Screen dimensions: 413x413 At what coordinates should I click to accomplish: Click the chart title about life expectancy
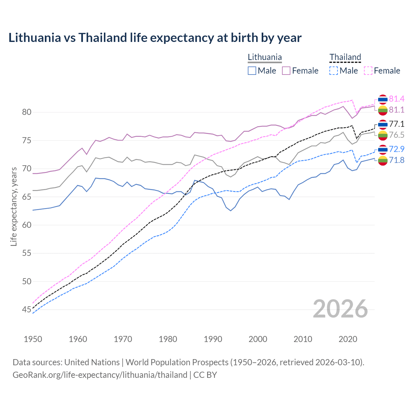pyautogui.click(x=155, y=38)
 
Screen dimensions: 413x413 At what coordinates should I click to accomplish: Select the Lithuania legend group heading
pyautogui.click(x=265, y=57)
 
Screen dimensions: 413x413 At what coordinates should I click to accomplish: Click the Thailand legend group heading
pyautogui.click(x=345, y=57)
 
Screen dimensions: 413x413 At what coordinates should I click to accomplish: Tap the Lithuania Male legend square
pyautogui.click(x=252, y=71)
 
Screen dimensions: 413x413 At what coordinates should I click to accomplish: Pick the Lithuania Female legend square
pyautogui.click(x=286, y=71)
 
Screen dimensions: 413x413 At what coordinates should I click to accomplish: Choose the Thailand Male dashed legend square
pyautogui.click(x=334, y=71)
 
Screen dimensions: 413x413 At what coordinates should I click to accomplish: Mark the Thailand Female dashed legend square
pyautogui.click(x=368, y=71)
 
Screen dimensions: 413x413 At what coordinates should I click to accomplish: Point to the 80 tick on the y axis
pyautogui.click(x=26, y=112)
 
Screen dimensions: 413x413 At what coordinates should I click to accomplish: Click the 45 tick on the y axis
pyautogui.click(x=26, y=310)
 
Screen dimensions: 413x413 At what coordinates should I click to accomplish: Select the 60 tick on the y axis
pyautogui.click(x=26, y=225)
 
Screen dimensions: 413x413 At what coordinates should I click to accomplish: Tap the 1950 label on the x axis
pyautogui.click(x=33, y=339)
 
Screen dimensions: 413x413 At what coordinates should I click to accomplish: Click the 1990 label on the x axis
pyautogui.click(x=213, y=339)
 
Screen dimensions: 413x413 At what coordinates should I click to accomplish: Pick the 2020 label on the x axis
pyautogui.click(x=348, y=339)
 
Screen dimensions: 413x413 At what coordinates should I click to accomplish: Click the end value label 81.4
pyautogui.click(x=397, y=99)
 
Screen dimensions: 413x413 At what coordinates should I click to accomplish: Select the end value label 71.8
pyautogui.click(x=397, y=160)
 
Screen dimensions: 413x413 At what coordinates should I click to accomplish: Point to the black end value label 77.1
pyautogui.click(x=397, y=124)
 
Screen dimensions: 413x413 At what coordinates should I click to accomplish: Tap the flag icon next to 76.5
pyautogui.click(x=383, y=135)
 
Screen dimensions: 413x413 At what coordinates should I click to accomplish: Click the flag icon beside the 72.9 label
pyautogui.click(x=383, y=149)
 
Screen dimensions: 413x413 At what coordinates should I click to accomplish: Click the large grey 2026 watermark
pyautogui.click(x=340, y=309)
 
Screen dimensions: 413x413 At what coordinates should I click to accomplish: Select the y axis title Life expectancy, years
pyautogui.click(x=14, y=206)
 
